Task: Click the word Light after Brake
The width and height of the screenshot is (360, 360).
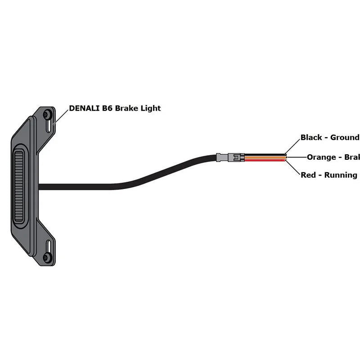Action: click(x=150, y=108)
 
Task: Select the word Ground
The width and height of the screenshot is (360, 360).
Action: click(x=345, y=137)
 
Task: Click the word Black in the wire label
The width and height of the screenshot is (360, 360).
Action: click(x=312, y=137)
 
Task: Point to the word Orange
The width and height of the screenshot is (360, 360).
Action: click(x=321, y=157)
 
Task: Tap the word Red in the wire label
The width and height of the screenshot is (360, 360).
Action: click(x=308, y=175)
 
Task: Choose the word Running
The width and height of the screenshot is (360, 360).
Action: click(x=338, y=175)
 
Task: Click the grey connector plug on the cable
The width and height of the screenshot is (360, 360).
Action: click(x=230, y=157)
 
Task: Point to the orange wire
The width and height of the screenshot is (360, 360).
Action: click(x=265, y=157)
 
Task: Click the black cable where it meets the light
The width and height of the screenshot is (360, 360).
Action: click(x=43, y=186)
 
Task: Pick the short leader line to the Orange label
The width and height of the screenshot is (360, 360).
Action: click(x=297, y=157)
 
